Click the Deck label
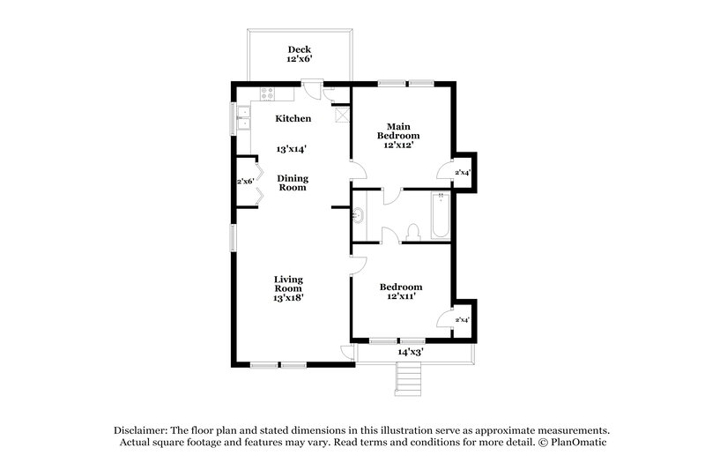[x=301, y=49]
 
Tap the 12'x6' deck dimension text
[x=301, y=60]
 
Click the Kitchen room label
[x=293, y=118]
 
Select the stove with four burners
[x=265, y=93]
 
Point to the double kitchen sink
[x=240, y=117]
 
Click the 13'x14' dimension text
[x=293, y=150]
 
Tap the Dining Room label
[x=293, y=183]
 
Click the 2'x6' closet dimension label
[x=245, y=182]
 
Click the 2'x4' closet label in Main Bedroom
[x=462, y=172]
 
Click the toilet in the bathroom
[x=412, y=231]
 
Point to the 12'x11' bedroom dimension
[x=400, y=297]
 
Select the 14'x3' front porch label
[x=411, y=352]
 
